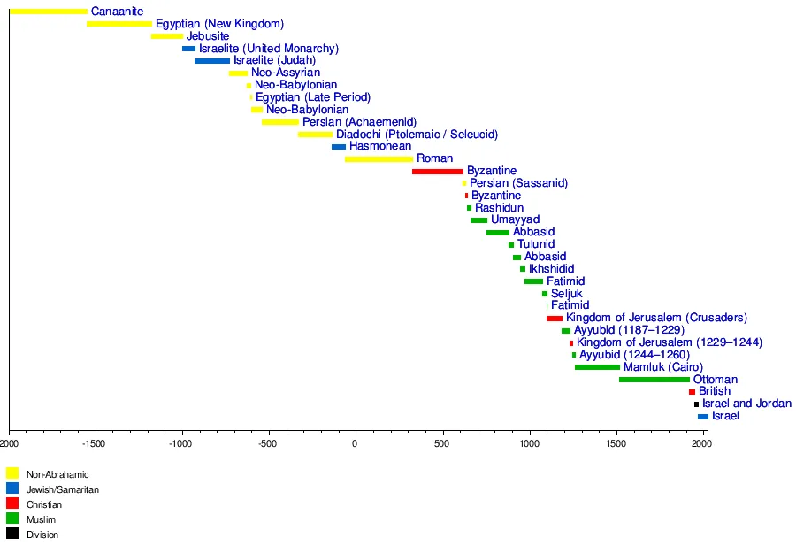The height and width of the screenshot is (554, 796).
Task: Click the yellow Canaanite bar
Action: click(49, 12)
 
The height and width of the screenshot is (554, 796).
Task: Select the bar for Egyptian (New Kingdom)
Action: click(119, 24)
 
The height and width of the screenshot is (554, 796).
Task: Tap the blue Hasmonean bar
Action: click(339, 147)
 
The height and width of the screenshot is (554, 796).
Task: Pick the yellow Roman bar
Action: click(379, 159)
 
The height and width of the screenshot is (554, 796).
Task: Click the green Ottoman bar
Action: click(654, 380)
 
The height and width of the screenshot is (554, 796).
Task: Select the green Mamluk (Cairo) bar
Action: click(597, 367)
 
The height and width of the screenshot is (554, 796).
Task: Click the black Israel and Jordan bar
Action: click(696, 404)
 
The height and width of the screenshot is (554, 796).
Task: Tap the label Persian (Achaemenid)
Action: click(359, 122)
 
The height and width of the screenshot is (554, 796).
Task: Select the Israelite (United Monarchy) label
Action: click(269, 49)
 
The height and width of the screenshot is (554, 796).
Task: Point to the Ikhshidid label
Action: click(551, 269)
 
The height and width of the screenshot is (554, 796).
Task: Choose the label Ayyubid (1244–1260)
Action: click(634, 355)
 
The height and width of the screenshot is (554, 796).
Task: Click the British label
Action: click(715, 391)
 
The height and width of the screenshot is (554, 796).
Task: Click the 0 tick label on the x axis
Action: click(355, 442)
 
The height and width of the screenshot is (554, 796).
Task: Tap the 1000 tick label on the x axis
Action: click(528, 442)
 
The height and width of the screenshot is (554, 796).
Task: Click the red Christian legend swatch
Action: click(12, 504)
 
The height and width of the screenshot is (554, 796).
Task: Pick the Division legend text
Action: click(42, 535)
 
